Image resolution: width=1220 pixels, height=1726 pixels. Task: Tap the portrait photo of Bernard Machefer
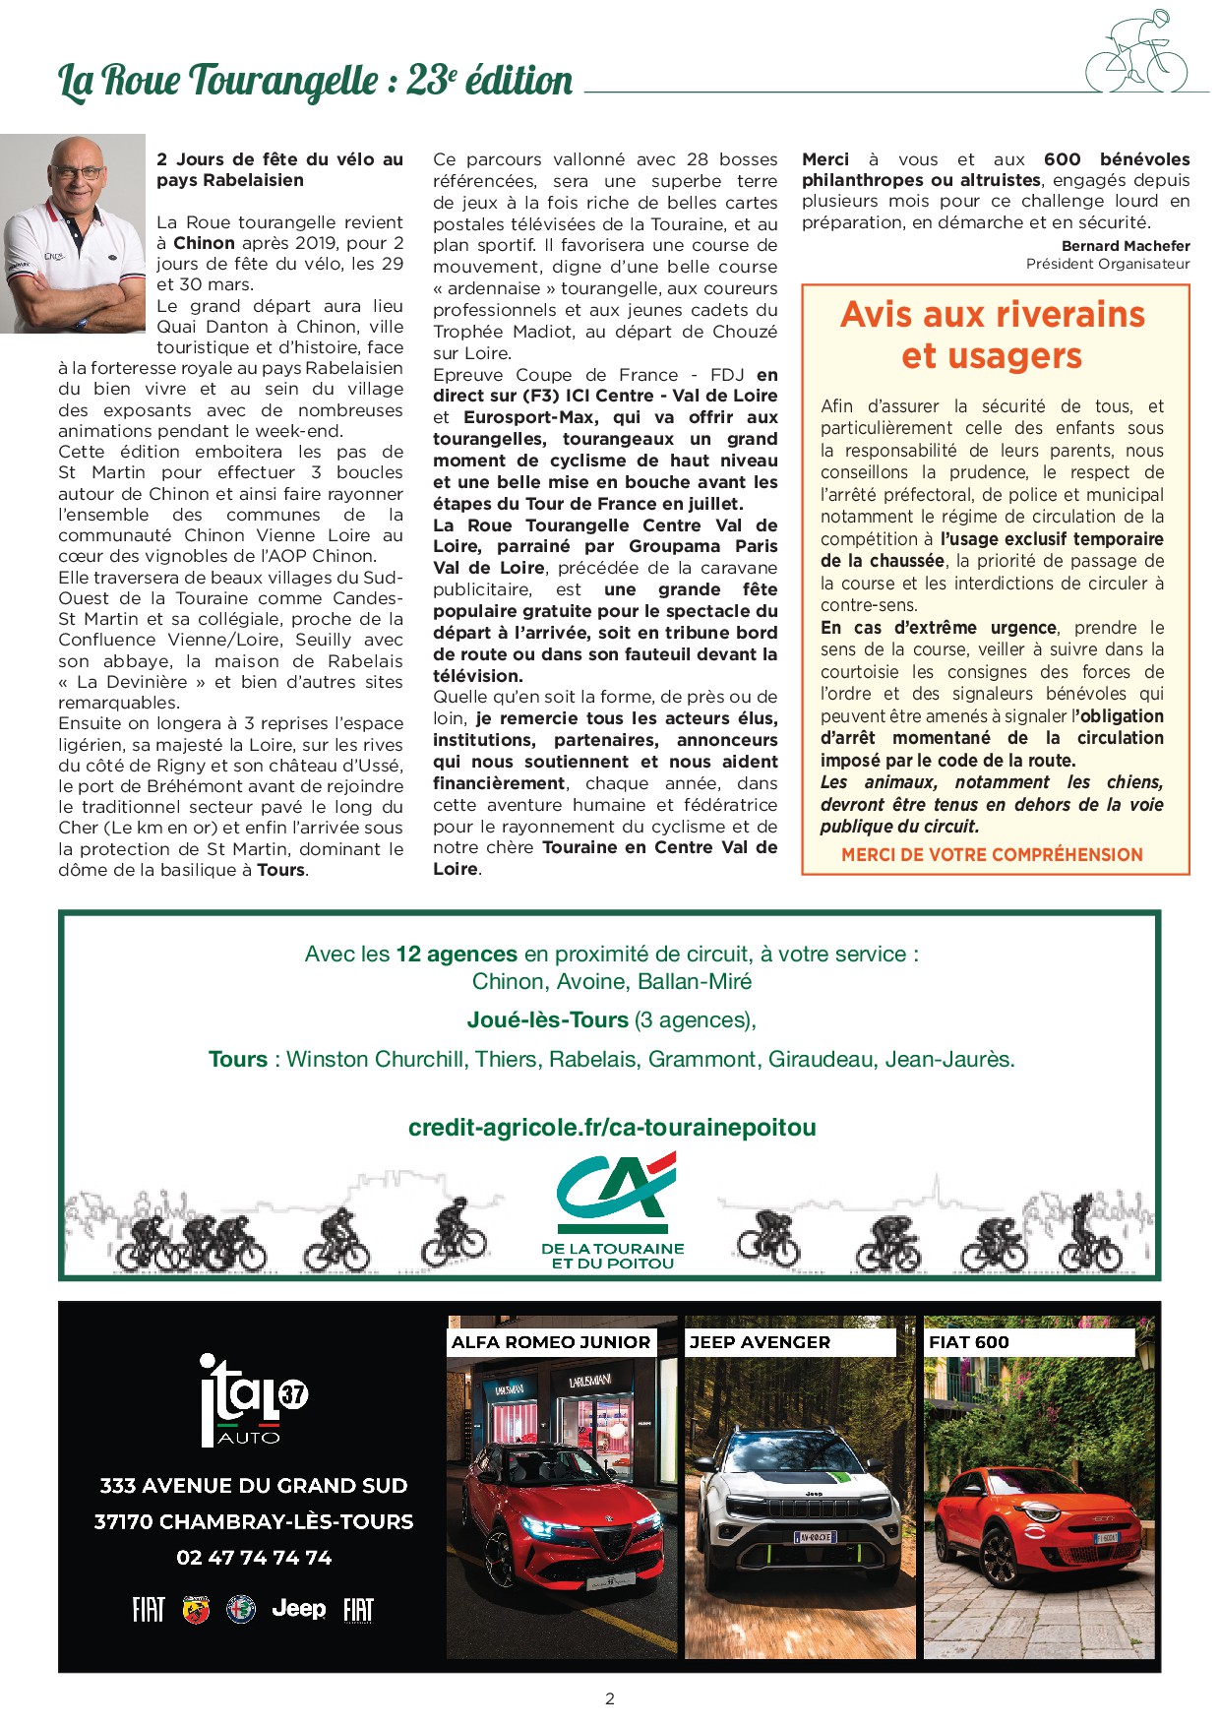point(72,234)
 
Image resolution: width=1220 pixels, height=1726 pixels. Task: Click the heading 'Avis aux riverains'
point(993,314)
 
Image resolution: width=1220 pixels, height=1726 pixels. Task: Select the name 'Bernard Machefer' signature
point(1126,246)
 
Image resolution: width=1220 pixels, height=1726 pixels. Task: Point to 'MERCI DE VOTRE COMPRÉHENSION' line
point(992,855)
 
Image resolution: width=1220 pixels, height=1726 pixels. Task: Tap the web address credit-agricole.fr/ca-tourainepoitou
point(612,1128)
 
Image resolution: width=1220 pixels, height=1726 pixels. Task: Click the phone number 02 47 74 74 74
point(254,1558)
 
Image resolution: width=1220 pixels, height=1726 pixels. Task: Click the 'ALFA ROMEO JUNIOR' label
point(551,1342)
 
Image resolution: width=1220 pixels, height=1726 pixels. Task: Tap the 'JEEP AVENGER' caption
point(760,1342)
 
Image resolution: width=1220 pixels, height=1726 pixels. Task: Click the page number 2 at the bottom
point(610,1698)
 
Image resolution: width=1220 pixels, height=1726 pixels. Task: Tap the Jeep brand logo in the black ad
point(298,1608)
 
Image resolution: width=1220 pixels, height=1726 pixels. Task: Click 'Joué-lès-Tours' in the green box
point(547,1020)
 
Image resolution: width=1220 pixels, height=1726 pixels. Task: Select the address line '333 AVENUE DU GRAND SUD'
point(254,1486)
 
